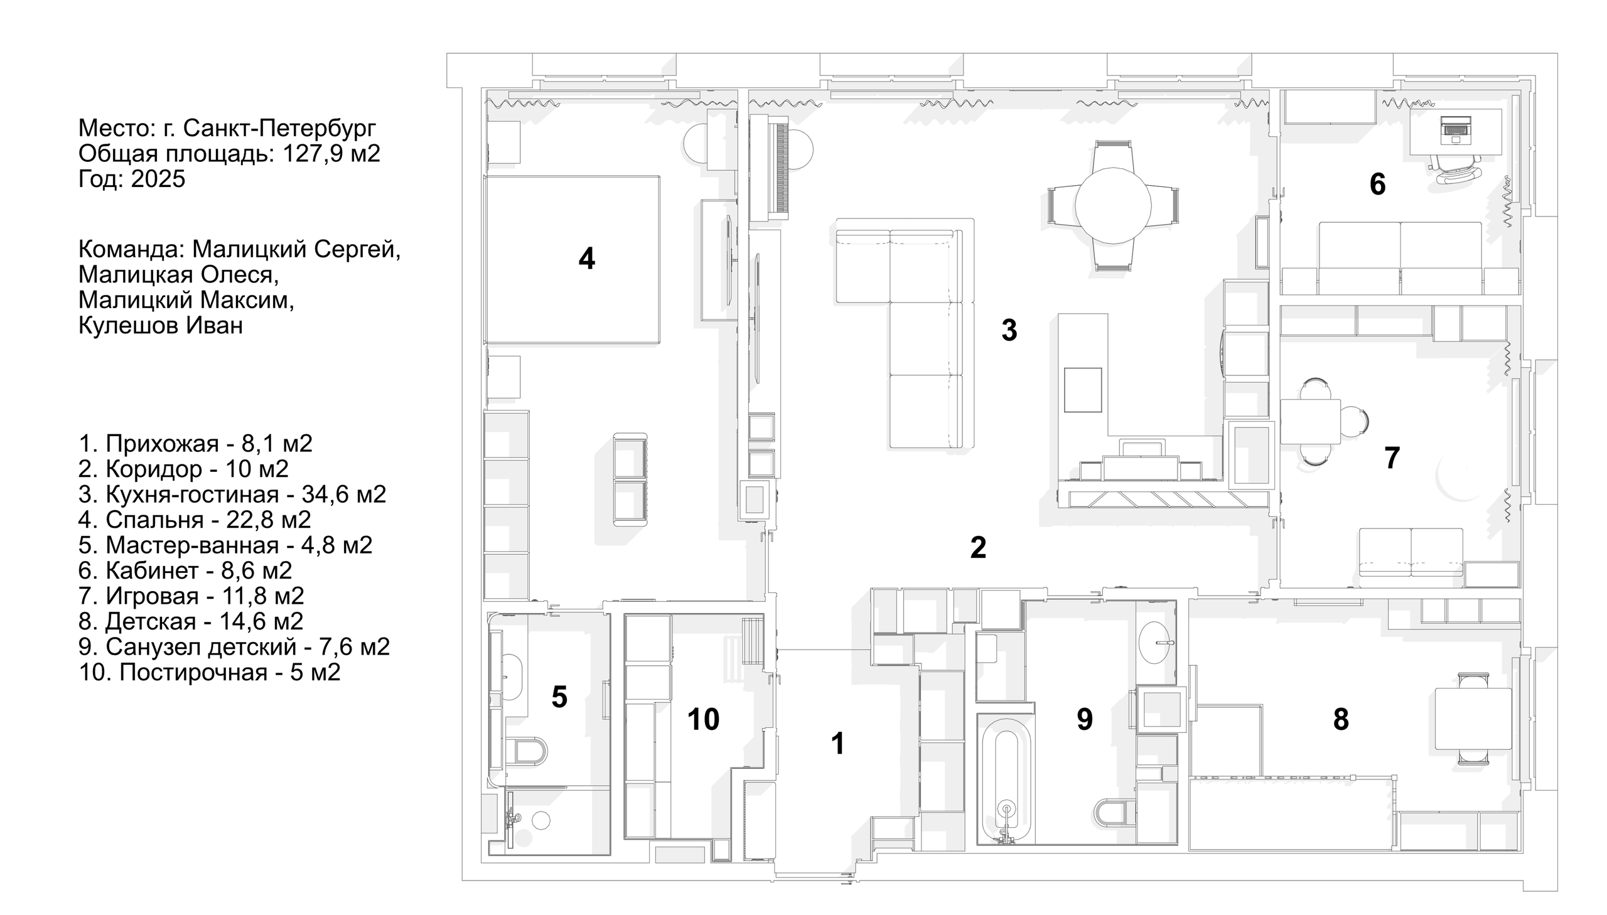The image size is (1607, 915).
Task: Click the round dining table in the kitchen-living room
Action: (x=1112, y=205)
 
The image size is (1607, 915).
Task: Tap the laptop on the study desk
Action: (x=1456, y=129)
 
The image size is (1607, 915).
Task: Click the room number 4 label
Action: (x=586, y=259)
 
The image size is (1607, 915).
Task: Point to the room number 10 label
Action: (x=702, y=719)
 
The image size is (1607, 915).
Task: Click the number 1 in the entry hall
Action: (x=837, y=744)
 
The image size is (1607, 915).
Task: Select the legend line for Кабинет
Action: (x=185, y=570)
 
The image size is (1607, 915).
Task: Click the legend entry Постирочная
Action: (x=209, y=672)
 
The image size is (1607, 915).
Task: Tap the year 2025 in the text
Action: (x=158, y=179)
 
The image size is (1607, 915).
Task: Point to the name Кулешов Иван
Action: (x=160, y=326)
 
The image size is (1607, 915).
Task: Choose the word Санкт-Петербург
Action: (x=280, y=128)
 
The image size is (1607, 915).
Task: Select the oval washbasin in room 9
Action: (x=1156, y=643)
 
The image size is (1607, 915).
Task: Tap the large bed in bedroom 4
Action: (x=572, y=259)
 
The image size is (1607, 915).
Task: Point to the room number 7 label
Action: (x=1392, y=457)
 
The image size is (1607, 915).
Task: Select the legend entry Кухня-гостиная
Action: (x=232, y=495)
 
